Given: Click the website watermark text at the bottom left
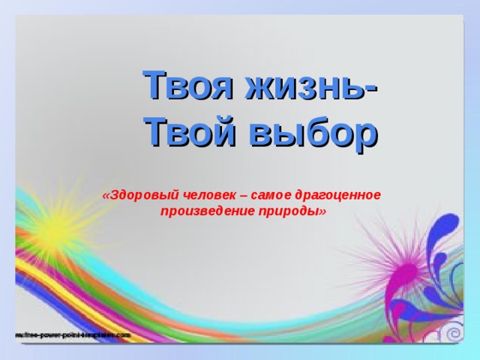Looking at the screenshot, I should [71, 334].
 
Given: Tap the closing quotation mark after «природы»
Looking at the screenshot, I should [323, 211].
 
